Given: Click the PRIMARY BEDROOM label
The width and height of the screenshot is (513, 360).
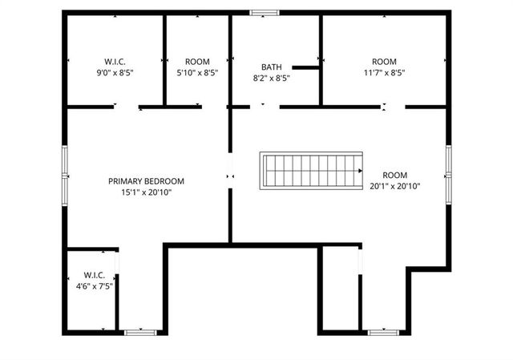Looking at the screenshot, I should click(x=147, y=181).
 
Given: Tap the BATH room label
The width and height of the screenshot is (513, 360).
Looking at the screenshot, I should click(x=272, y=67).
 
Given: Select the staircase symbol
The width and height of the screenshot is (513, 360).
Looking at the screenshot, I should click(x=311, y=171).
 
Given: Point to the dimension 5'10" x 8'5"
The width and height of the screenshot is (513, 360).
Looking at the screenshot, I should click(x=197, y=72).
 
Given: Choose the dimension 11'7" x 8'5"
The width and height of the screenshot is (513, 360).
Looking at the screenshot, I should click(x=384, y=72).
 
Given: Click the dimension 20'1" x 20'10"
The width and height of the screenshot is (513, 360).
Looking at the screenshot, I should click(x=395, y=186).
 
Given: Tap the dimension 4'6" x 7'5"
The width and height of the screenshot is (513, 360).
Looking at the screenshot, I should click(x=94, y=286).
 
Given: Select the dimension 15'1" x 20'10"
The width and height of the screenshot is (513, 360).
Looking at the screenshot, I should click(x=147, y=192).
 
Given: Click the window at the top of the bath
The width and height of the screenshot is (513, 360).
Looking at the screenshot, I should click(x=264, y=12).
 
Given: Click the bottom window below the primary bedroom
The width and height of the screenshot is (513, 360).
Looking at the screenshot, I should click(x=139, y=330).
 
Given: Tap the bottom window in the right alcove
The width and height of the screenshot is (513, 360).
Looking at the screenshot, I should click(x=383, y=330).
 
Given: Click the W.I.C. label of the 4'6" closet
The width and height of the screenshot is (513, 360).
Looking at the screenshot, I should click(x=94, y=275).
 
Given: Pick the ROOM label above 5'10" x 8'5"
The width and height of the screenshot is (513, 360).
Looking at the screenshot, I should click(x=197, y=62).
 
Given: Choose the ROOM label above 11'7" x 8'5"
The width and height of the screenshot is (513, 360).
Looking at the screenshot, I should click(x=384, y=62).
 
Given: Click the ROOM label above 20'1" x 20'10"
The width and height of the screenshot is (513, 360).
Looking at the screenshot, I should click(x=395, y=175).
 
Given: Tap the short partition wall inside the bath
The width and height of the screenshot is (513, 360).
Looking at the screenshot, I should click(x=306, y=67).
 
